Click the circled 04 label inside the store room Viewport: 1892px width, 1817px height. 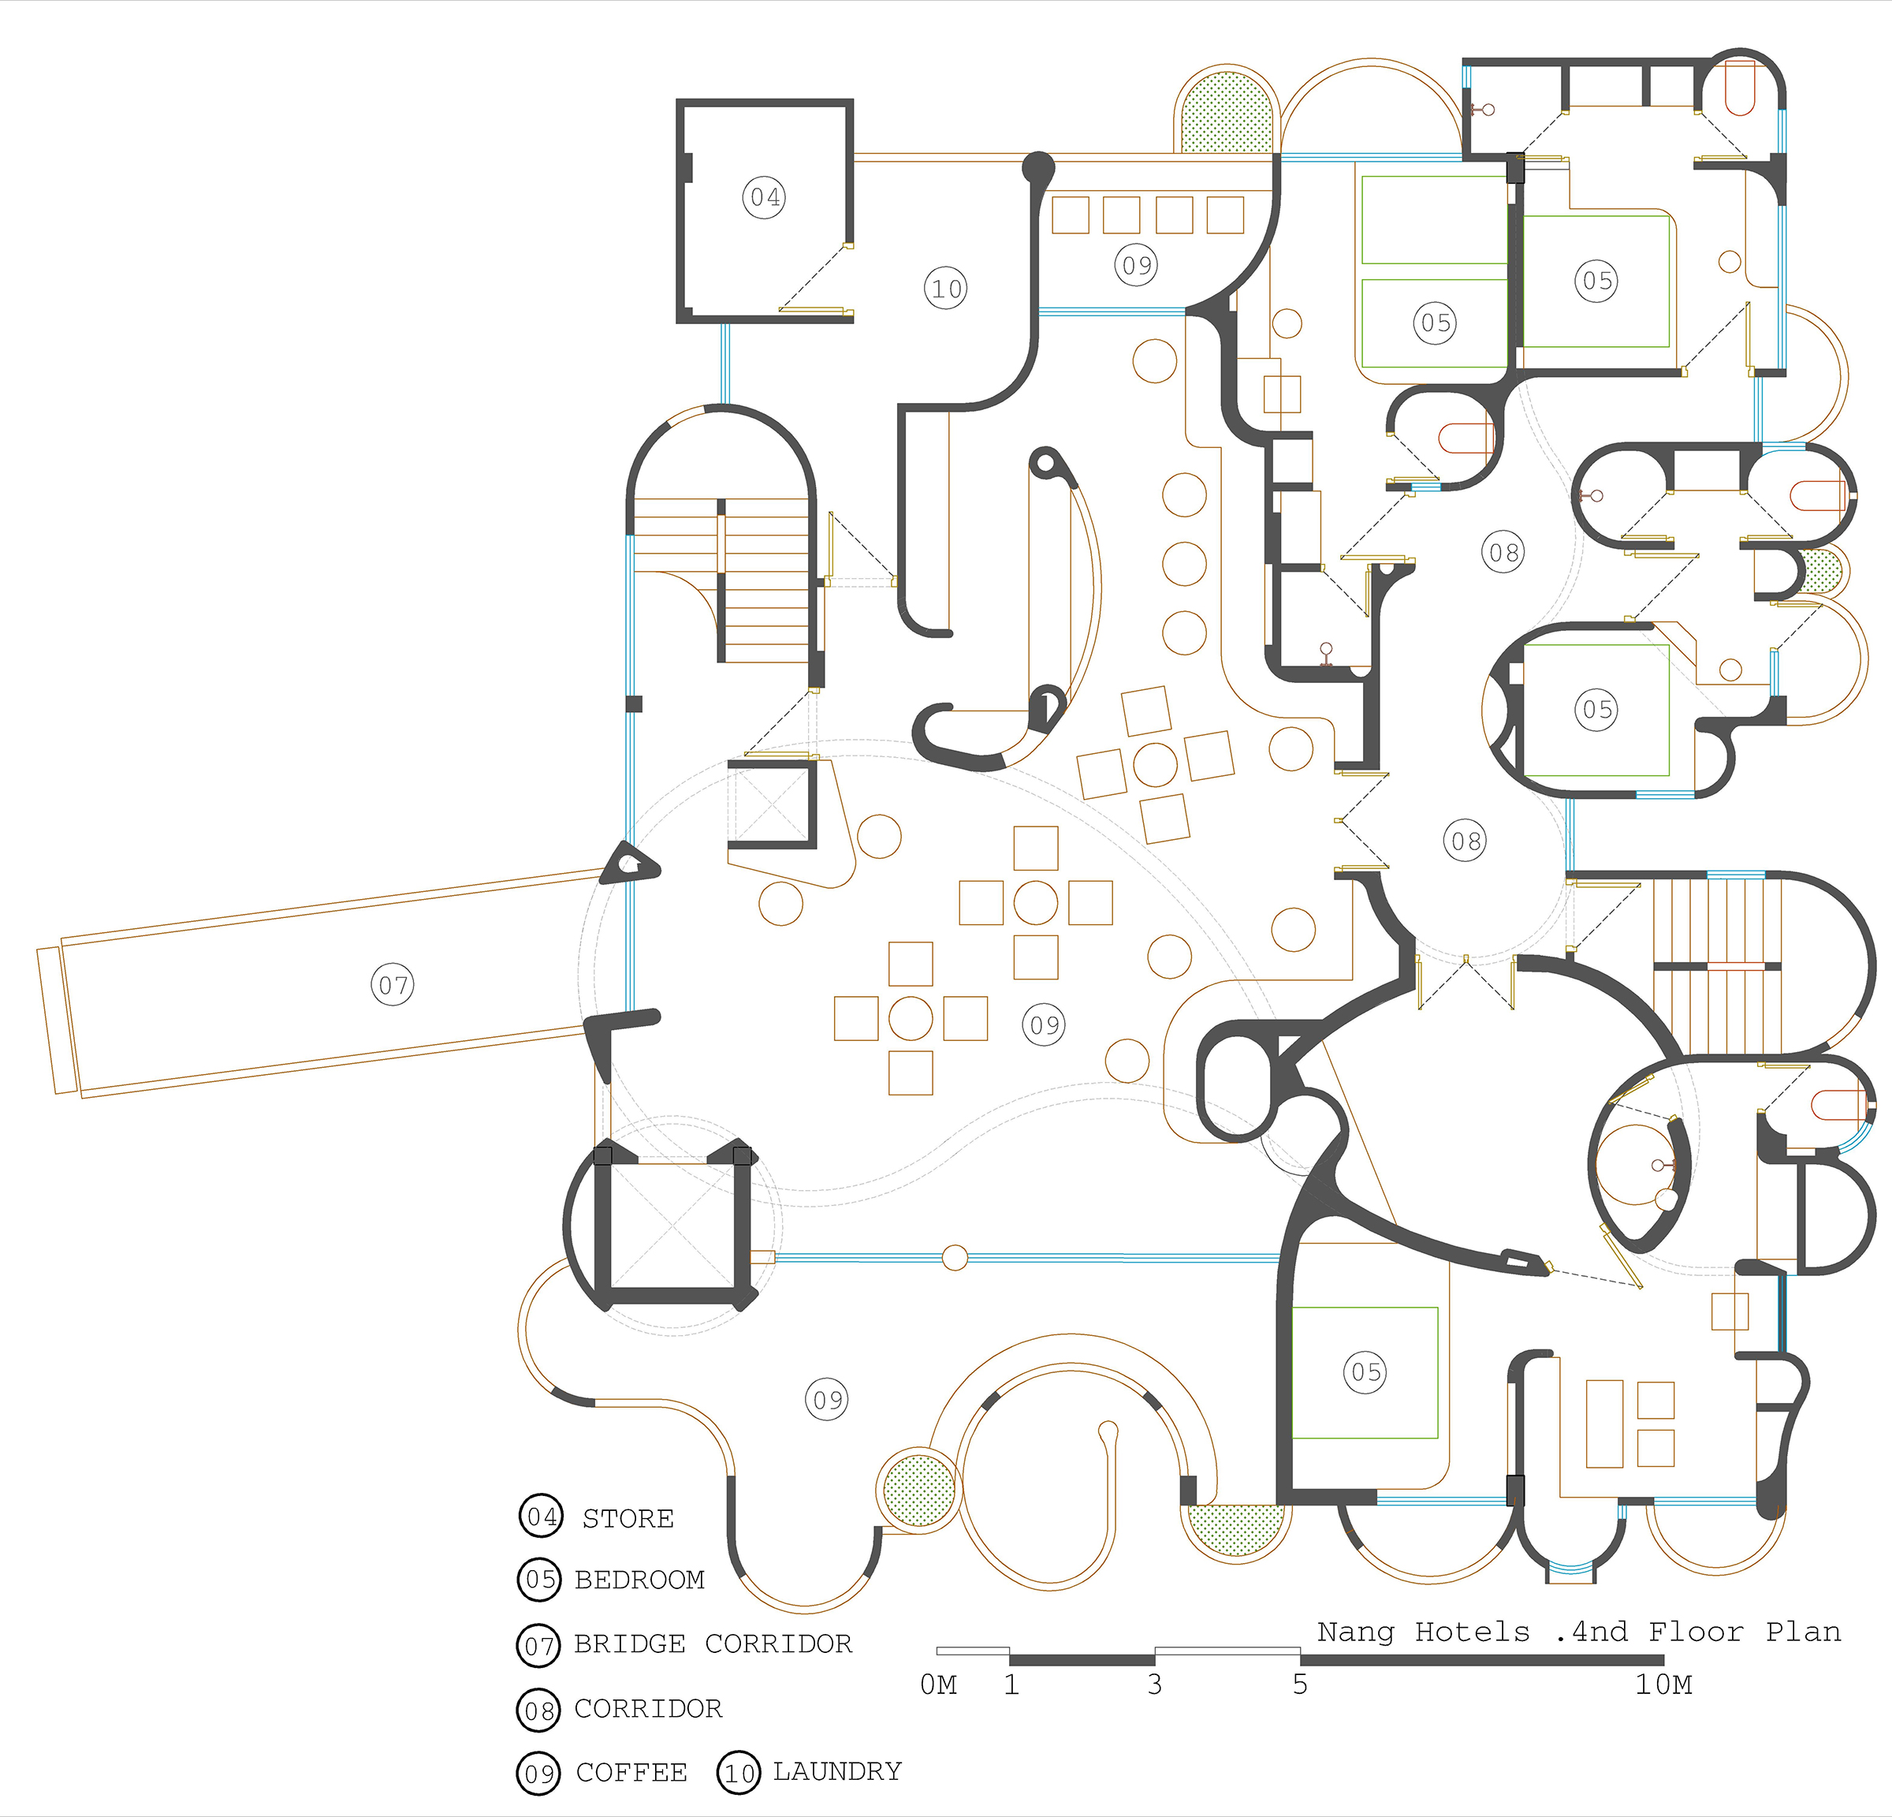[x=764, y=197]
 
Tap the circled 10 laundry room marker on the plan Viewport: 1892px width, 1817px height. [x=946, y=288]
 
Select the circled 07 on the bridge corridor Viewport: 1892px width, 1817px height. [x=393, y=985]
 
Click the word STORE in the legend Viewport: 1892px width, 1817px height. [x=628, y=1519]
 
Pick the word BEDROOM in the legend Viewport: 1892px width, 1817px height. [x=639, y=1580]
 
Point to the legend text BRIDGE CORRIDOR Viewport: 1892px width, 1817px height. [x=713, y=1644]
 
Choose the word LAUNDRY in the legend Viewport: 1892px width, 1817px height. [x=837, y=1770]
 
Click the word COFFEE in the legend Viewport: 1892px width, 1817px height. [x=631, y=1773]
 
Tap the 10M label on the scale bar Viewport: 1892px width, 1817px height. [x=1663, y=1685]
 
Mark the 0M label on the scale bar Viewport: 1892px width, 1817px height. [x=938, y=1685]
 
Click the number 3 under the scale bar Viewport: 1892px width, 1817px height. [x=1154, y=1684]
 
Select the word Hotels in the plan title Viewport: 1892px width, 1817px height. [x=1472, y=1632]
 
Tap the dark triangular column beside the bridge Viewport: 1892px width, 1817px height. [x=628, y=862]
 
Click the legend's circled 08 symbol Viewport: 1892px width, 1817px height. [x=538, y=1710]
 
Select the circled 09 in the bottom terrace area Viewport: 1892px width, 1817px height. [x=827, y=1399]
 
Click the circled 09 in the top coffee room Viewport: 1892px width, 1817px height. [x=1136, y=263]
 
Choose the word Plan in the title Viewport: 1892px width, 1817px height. [x=1803, y=1632]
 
